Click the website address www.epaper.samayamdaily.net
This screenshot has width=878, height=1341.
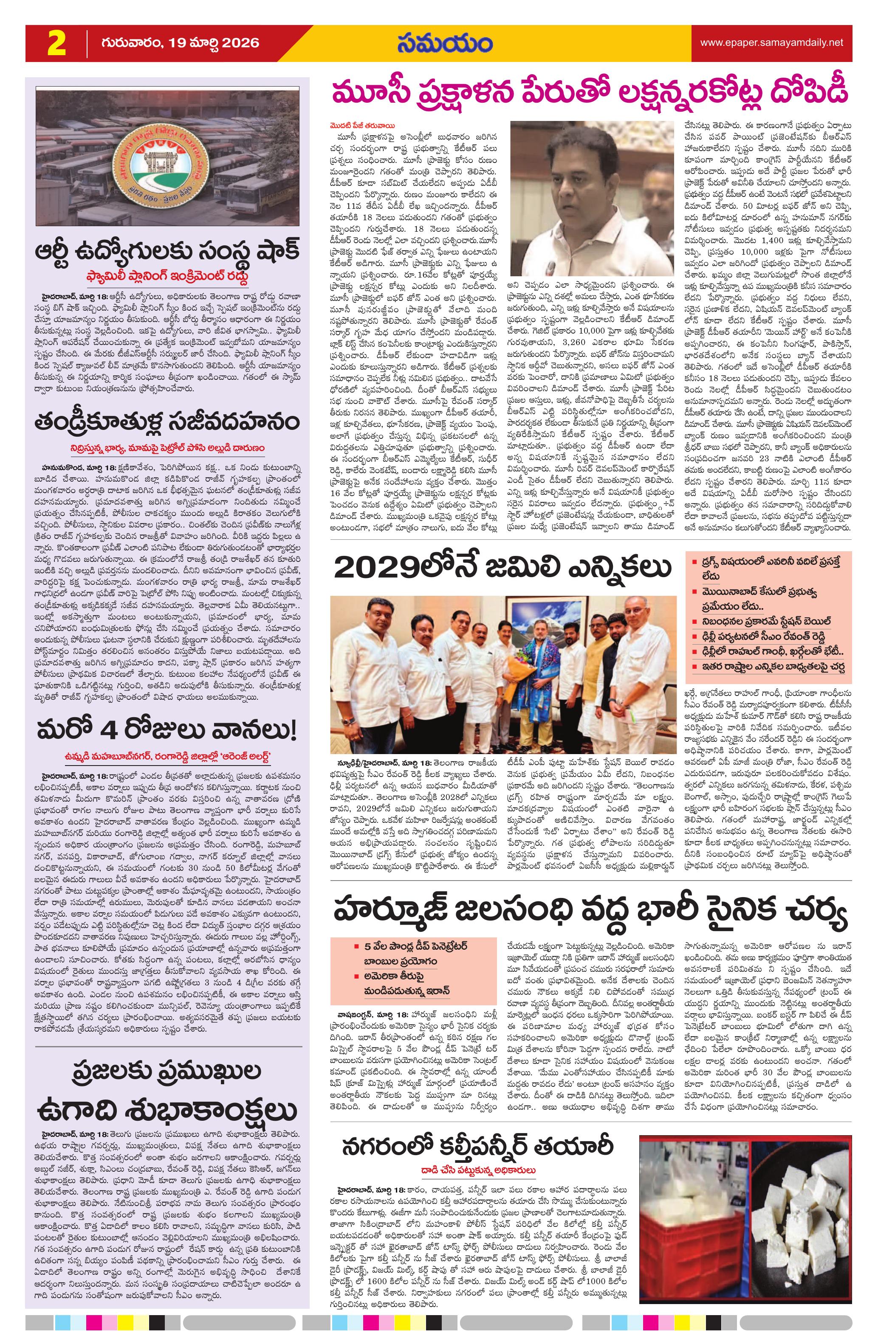(x=771, y=42)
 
